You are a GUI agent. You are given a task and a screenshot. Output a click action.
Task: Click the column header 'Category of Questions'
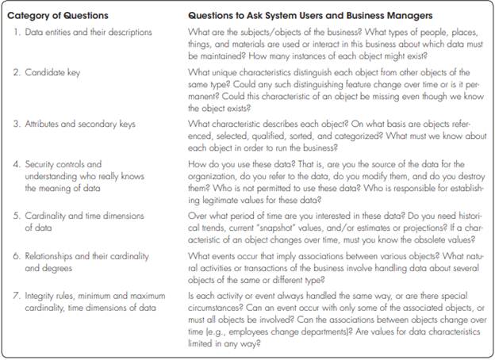pos(60,15)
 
